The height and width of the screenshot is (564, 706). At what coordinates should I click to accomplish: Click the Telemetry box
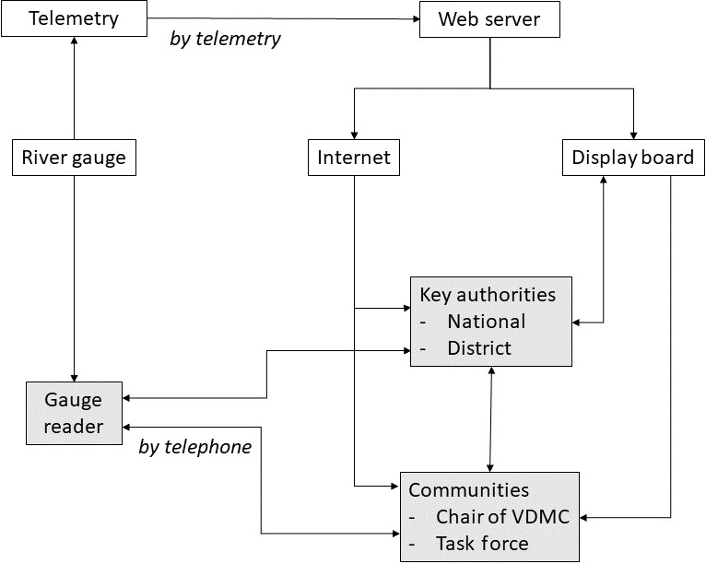click(74, 18)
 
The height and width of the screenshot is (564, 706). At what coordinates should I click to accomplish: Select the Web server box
click(489, 18)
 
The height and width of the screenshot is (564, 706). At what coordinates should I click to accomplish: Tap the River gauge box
click(73, 159)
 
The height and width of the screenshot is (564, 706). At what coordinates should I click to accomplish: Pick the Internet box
click(354, 159)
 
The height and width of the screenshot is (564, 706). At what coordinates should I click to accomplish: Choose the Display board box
click(632, 159)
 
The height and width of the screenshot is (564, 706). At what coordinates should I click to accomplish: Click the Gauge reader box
click(74, 413)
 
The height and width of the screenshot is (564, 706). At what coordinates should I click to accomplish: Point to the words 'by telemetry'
click(226, 39)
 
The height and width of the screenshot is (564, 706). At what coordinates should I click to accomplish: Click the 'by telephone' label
click(194, 447)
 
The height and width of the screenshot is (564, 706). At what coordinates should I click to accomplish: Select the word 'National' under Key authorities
click(486, 322)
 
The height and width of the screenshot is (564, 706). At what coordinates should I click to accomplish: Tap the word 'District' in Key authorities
click(479, 348)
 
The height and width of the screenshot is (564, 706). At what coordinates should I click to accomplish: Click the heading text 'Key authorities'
click(488, 295)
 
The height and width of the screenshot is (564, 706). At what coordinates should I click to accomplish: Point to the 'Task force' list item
click(482, 544)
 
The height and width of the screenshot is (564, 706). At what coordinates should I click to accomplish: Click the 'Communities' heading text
click(468, 490)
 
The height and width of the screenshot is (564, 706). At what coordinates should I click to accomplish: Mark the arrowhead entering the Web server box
click(414, 18)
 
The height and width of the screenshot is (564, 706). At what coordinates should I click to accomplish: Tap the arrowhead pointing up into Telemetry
click(73, 42)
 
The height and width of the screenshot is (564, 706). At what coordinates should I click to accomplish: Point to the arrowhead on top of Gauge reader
click(73, 375)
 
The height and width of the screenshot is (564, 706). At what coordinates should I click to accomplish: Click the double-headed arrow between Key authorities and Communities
click(489, 418)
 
